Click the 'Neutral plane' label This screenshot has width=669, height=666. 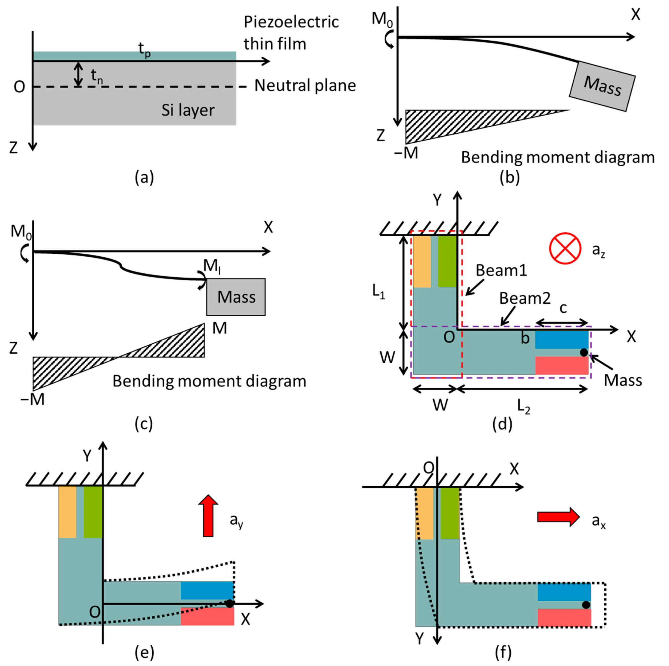(305, 85)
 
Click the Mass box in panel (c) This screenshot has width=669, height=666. (236, 297)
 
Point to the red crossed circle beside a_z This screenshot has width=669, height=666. (565, 248)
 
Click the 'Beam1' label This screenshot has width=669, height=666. (501, 270)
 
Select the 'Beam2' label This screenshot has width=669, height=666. (524, 298)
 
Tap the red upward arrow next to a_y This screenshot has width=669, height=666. (208, 516)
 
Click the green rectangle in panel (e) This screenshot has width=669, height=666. (93, 512)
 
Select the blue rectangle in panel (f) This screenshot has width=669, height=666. (564, 592)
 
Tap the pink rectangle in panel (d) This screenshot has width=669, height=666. (561, 365)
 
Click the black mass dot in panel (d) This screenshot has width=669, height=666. (584, 352)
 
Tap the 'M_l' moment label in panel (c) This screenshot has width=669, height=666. (212, 266)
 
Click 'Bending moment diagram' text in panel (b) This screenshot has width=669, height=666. (558, 157)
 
